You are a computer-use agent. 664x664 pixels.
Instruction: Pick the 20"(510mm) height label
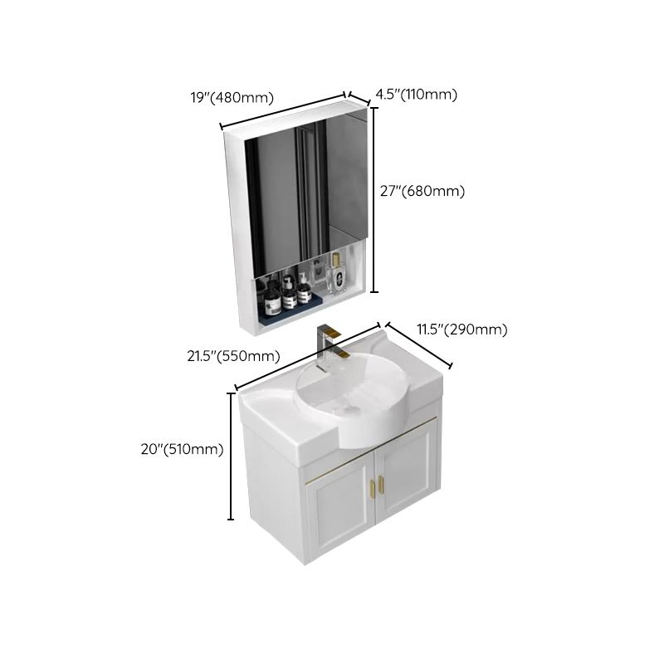click(x=183, y=449)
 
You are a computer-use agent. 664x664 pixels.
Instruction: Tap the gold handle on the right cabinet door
click(x=383, y=483)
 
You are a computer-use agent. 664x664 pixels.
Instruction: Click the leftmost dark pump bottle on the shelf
click(x=271, y=291)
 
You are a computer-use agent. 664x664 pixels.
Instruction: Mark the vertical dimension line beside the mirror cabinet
click(x=374, y=199)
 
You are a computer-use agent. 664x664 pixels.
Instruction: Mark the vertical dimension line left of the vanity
click(x=231, y=455)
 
